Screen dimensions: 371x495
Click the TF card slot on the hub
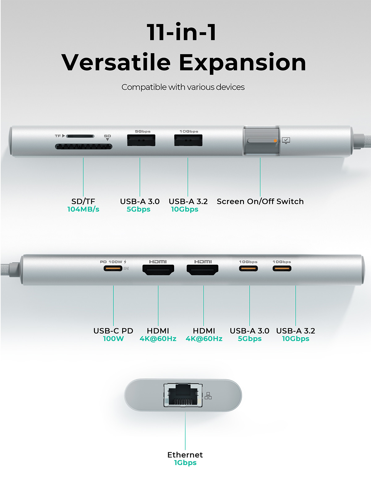click(80, 136)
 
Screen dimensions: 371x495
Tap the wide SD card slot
click(83, 147)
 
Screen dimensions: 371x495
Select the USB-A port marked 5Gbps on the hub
click(141, 140)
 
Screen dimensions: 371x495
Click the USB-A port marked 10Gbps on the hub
click(188, 140)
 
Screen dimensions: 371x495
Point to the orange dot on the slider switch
click(275, 141)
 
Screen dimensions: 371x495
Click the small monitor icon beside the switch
click(286, 140)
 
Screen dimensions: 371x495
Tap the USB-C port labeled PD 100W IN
click(113, 268)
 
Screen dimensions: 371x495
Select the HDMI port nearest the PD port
click(158, 270)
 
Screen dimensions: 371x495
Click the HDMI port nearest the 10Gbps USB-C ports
click(203, 270)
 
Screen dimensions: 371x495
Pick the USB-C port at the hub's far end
click(282, 268)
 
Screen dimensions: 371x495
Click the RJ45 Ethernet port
click(183, 395)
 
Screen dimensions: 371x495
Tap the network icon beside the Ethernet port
click(208, 396)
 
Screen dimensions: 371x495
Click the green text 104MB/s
click(83, 209)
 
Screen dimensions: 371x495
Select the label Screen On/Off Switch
click(260, 201)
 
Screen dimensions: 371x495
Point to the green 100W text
click(113, 339)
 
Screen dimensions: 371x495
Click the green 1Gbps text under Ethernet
click(185, 463)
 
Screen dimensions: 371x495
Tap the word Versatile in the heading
click(116, 62)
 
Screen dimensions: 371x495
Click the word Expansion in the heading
click(243, 63)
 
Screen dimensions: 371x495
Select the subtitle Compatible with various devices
click(183, 87)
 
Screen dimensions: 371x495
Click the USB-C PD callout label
click(113, 331)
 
